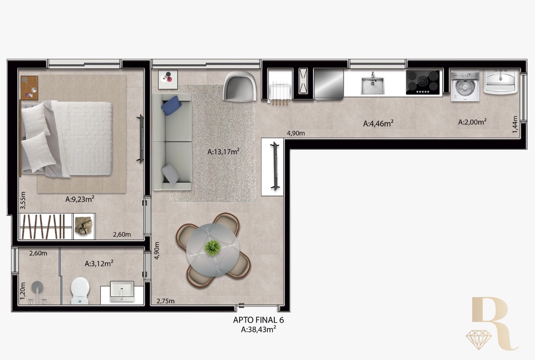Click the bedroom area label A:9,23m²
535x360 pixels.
pos(80,199)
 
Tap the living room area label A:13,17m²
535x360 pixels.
pos(223,152)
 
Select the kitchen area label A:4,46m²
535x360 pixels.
pos(379,124)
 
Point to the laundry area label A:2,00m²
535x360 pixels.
pos(472,122)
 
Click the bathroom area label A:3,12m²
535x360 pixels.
pos(99,264)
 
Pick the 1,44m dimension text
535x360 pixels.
pos(515,124)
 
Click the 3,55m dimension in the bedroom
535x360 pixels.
pos(23,200)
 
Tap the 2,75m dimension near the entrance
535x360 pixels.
pos(165,301)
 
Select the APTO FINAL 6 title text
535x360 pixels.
pos(259,320)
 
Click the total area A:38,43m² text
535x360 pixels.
pos(259,329)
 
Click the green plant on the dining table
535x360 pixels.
pos(212,248)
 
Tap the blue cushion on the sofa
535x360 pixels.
pos(171,105)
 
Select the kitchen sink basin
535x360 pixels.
pos(373,85)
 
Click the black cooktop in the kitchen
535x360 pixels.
pos(423,82)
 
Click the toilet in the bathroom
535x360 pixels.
pos(80,291)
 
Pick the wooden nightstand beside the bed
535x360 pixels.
pos(29,88)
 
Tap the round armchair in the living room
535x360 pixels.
pos(239,87)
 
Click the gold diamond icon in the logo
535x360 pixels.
pos(479,340)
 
